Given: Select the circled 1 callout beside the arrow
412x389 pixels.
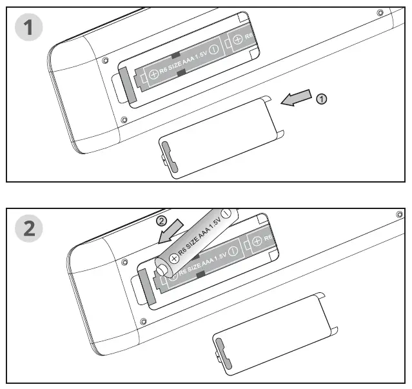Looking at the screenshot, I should [x=322, y=99].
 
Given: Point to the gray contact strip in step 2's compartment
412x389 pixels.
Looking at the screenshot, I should [x=146, y=286].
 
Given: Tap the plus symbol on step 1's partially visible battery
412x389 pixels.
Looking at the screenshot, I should [x=237, y=40].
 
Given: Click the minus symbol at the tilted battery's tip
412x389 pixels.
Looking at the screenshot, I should [x=228, y=212].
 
